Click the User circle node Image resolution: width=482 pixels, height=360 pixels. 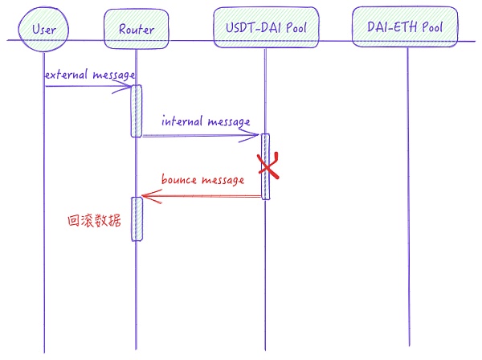click(x=44, y=29)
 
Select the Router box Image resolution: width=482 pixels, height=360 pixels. click(x=136, y=30)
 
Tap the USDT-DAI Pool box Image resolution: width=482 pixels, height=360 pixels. click(x=266, y=29)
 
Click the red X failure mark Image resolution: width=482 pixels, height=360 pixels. click(x=268, y=166)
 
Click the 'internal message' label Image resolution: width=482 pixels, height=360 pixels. click(x=206, y=122)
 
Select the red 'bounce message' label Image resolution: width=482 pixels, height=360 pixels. click(x=202, y=180)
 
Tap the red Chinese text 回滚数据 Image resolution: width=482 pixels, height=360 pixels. click(x=94, y=220)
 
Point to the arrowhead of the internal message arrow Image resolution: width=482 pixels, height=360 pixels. click(x=256, y=136)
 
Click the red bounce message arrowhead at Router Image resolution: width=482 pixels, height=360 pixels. click(x=144, y=196)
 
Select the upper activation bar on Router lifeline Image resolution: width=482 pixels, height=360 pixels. click(x=137, y=111)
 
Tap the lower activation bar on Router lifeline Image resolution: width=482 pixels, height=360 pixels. click(x=137, y=219)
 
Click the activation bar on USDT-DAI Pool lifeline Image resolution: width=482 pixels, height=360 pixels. click(x=264, y=166)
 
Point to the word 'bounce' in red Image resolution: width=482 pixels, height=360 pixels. click(x=180, y=180)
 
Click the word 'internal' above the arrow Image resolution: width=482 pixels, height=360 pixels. click(x=182, y=122)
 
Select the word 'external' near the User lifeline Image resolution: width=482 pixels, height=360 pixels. click(x=63, y=75)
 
